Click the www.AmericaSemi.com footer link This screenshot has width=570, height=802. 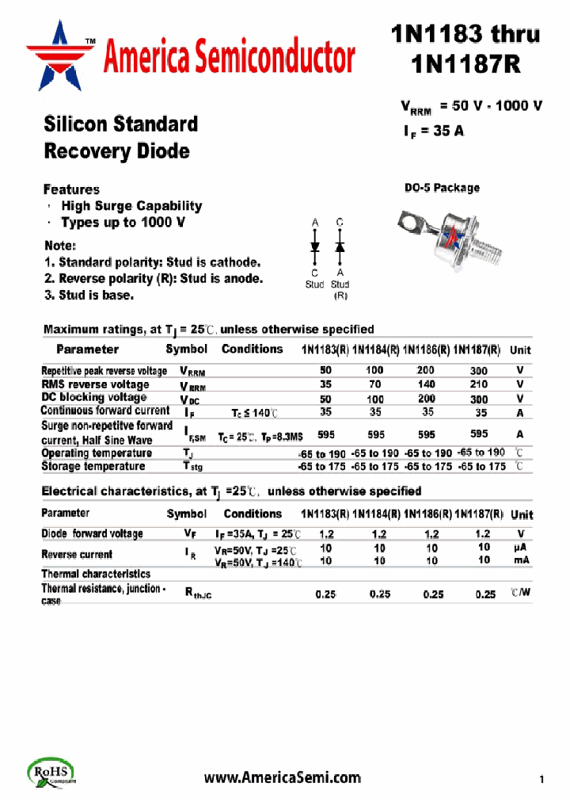(x=282, y=777)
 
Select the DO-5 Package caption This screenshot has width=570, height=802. (x=442, y=188)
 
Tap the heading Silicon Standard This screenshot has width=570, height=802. (x=120, y=124)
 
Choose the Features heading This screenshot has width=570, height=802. (x=71, y=189)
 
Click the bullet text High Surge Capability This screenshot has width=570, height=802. (x=131, y=206)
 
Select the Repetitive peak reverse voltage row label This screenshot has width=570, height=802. (x=104, y=371)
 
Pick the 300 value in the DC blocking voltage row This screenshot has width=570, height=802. (x=478, y=399)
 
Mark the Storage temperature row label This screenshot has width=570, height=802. (x=92, y=467)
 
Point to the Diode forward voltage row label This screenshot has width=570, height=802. (x=92, y=534)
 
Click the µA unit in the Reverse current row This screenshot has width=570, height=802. (x=520, y=548)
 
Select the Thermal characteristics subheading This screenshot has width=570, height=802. (x=95, y=573)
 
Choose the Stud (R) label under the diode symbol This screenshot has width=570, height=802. (x=340, y=289)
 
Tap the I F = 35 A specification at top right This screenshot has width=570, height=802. (x=433, y=132)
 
